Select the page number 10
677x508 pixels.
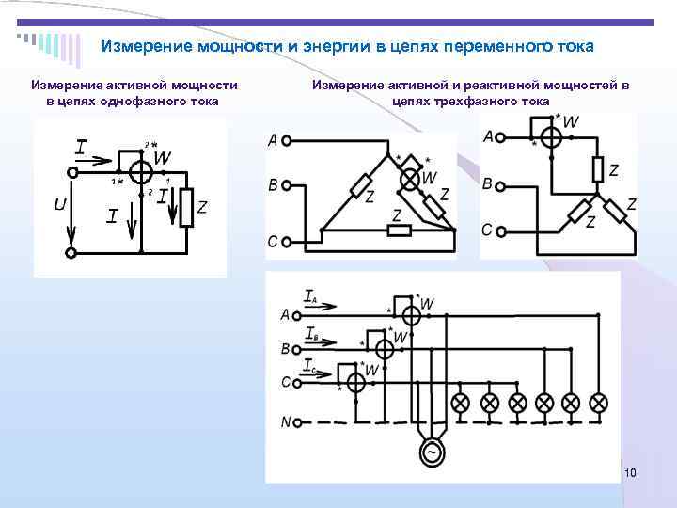630,471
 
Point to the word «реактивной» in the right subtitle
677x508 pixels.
475,85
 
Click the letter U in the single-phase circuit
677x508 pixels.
59,203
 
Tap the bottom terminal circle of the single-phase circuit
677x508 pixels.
71,252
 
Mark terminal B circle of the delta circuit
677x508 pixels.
287,186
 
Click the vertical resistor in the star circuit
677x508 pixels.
598,170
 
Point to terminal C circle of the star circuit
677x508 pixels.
504,230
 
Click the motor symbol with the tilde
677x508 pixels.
433,452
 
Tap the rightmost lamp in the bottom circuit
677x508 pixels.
599,403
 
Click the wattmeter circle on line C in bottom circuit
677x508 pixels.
354,383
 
